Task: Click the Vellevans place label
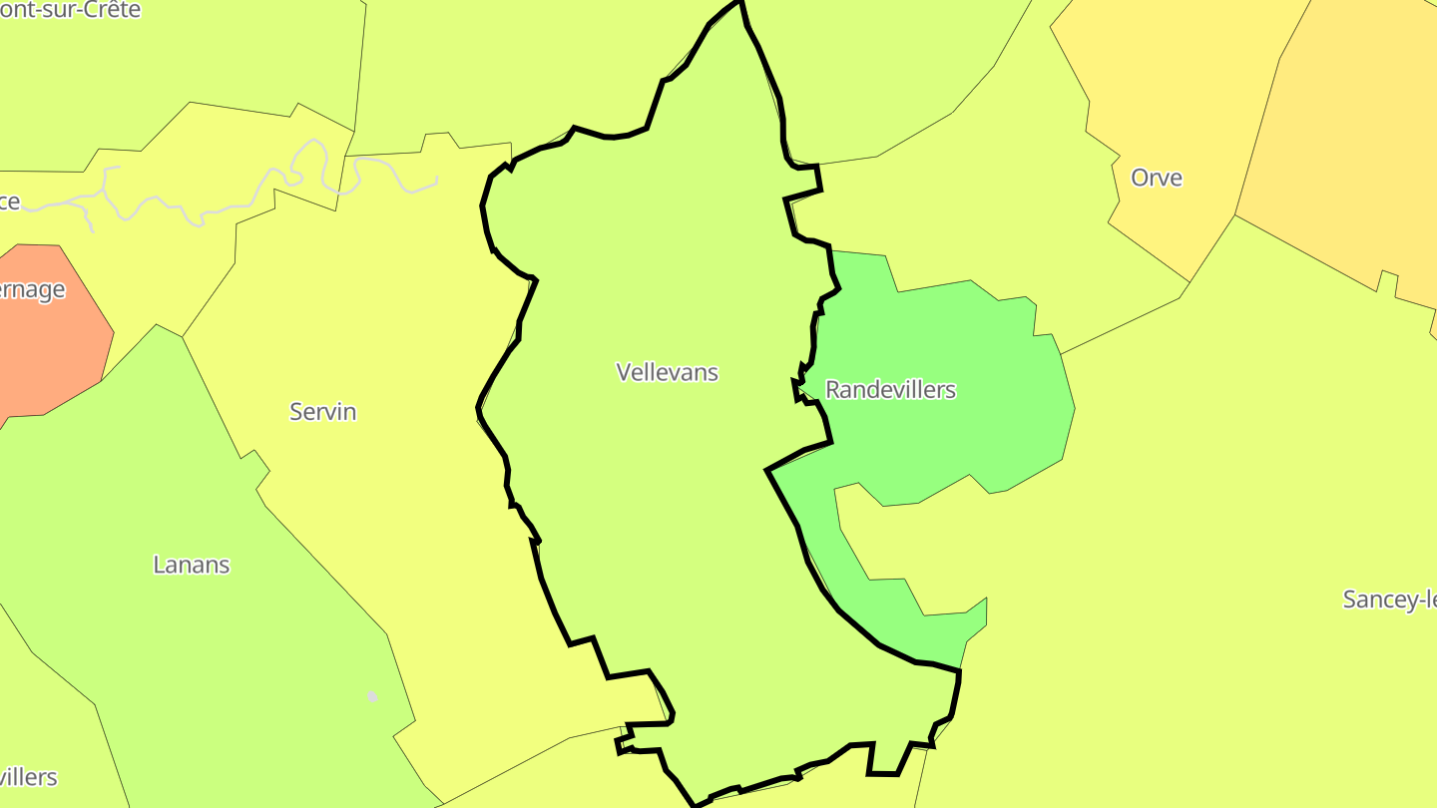(x=667, y=372)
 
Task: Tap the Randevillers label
(x=890, y=390)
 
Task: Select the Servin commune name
(x=322, y=411)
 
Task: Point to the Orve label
(x=1156, y=178)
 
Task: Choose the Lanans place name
(x=191, y=565)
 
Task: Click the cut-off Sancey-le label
(x=1389, y=600)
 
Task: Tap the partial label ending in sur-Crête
(x=70, y=10)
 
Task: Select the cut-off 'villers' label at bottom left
(x=28, y=777)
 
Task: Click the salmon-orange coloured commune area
(x=50, y=339)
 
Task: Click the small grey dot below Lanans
(x=372, y=696)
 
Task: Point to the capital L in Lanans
(x=158, y=565)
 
